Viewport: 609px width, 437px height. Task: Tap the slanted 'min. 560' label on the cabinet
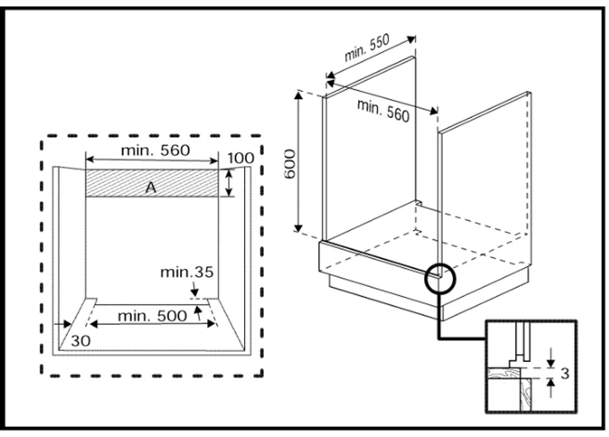click(x=383, y=110)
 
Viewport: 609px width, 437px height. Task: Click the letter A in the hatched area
click(x=151, y=187)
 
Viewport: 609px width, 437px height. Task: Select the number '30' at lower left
click(x=81, y=339)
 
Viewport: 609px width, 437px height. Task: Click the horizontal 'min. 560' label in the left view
click(x=154, y=151)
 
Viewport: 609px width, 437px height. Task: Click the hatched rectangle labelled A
click(x=117, y=183)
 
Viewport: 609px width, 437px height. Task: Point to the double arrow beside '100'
click(x=229, y=183)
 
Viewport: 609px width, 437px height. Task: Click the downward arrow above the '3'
click(x=551, y=356)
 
